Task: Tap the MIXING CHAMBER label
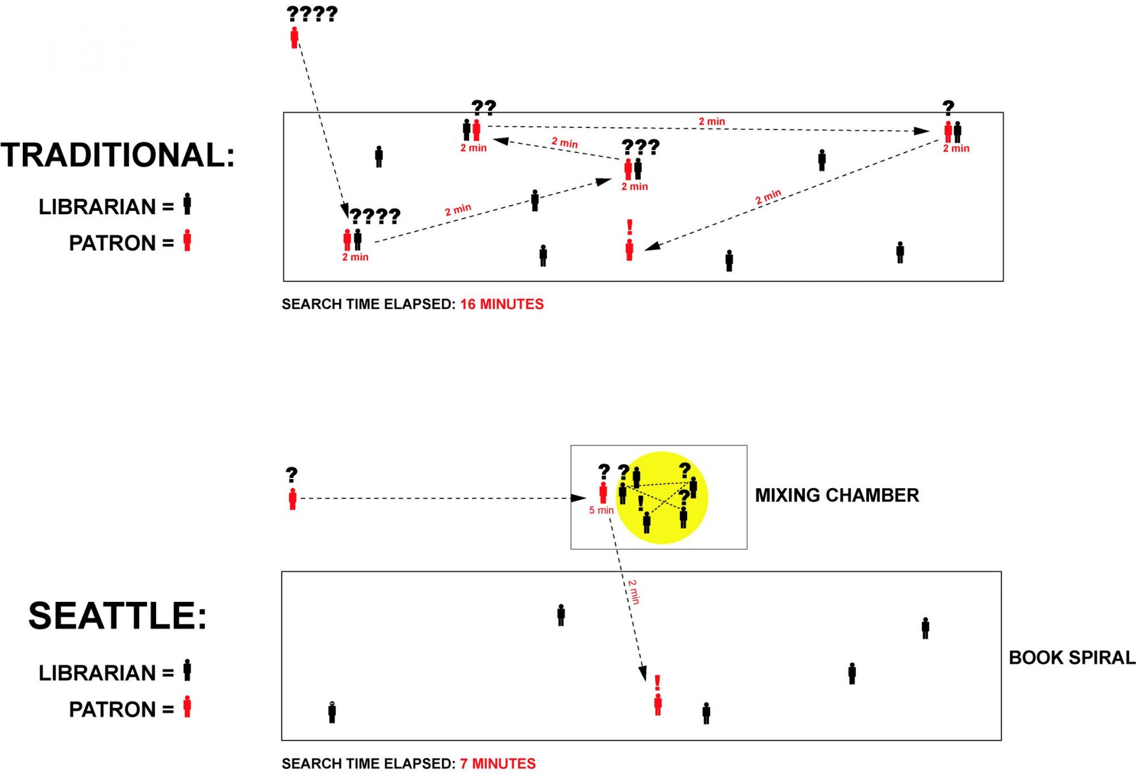pyautogui.click(x=837, y=495)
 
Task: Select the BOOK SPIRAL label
pyautogui.click(x=1072, y=657)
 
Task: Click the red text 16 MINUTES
pyautogui.click(x=502, y=304)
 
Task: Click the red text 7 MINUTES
pyautogui.click(x=498, y=764)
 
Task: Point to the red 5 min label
pyautogui.click(x=601, y=510)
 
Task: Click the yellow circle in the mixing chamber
pyautogui.click(x=662, y=498)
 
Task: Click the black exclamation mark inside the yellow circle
pyautogui.click(x=640, y=504)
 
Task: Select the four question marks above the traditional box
pyautogui.click(x=312, y=14)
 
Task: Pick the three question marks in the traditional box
pyautogui.click(x=640, y=147)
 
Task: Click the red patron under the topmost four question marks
pyautogui.click(x=294, y=38)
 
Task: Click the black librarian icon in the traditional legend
pyautogui.click(x=187, y=204)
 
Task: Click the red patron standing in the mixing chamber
pyautogui.click(x=603, y=492)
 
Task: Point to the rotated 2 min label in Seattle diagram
pyautogui.click(x=633, y=592)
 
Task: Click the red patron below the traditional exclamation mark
pyautogui.click(x=630, y=250)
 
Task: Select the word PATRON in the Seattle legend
pyautogui.click(x=112, y=710)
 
